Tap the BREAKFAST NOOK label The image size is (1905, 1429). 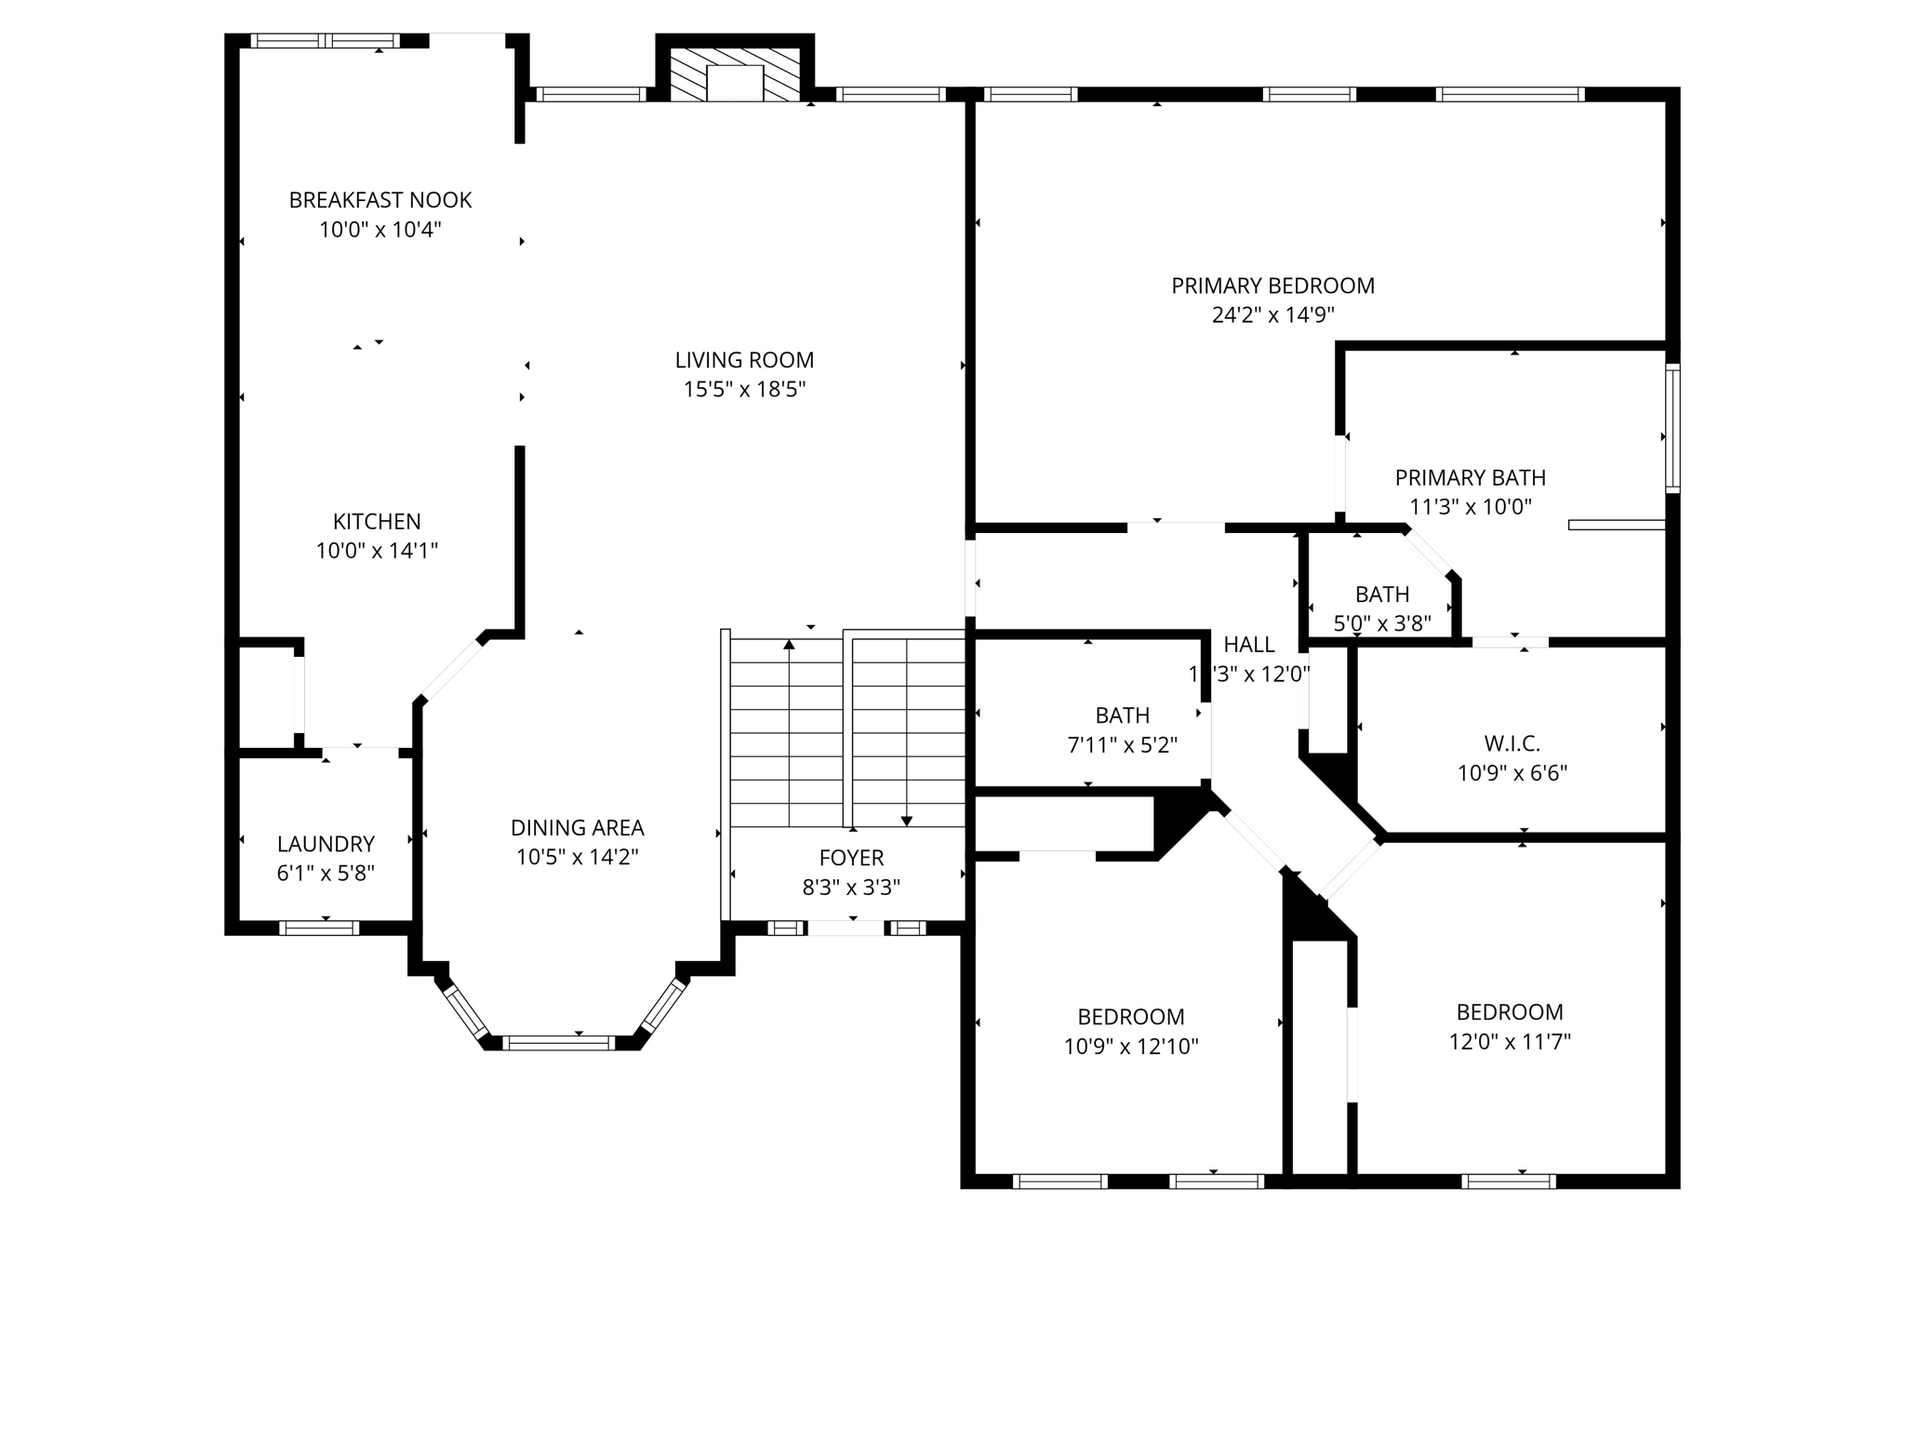(x=380, y=200)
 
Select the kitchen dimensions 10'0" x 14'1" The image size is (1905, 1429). (x=377, y=551)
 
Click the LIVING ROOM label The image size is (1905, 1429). (x=744, y=360)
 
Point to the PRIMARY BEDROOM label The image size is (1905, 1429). (x=1272, y=286)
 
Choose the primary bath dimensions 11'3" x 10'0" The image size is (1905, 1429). (x=1470, y=507)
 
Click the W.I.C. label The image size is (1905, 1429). (x=1512, y=744)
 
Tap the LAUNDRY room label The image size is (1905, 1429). (x=326, y=844)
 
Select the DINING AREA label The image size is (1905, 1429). (x=577, y=828)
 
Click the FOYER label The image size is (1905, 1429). (x=851, y=858)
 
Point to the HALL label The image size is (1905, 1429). (x=1248, y=645)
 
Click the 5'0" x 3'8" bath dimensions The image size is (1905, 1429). (x=1381, y=623)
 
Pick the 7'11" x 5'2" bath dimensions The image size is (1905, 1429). (x=1122, y=745)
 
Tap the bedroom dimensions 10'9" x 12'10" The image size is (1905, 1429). (x=1130, y=1047)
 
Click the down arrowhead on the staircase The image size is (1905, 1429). (x=907, y=821)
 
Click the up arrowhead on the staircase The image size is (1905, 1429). (x=789, y=644)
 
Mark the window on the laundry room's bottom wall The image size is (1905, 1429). (x=319, y=928)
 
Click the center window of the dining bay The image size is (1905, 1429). (x=558, y=1043)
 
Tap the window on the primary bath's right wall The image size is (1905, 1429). (x=1672, y=428)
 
